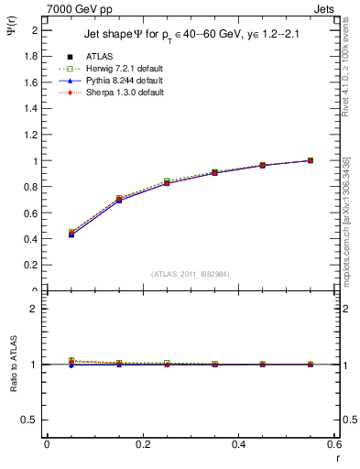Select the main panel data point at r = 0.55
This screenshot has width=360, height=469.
tap(311, 160)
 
